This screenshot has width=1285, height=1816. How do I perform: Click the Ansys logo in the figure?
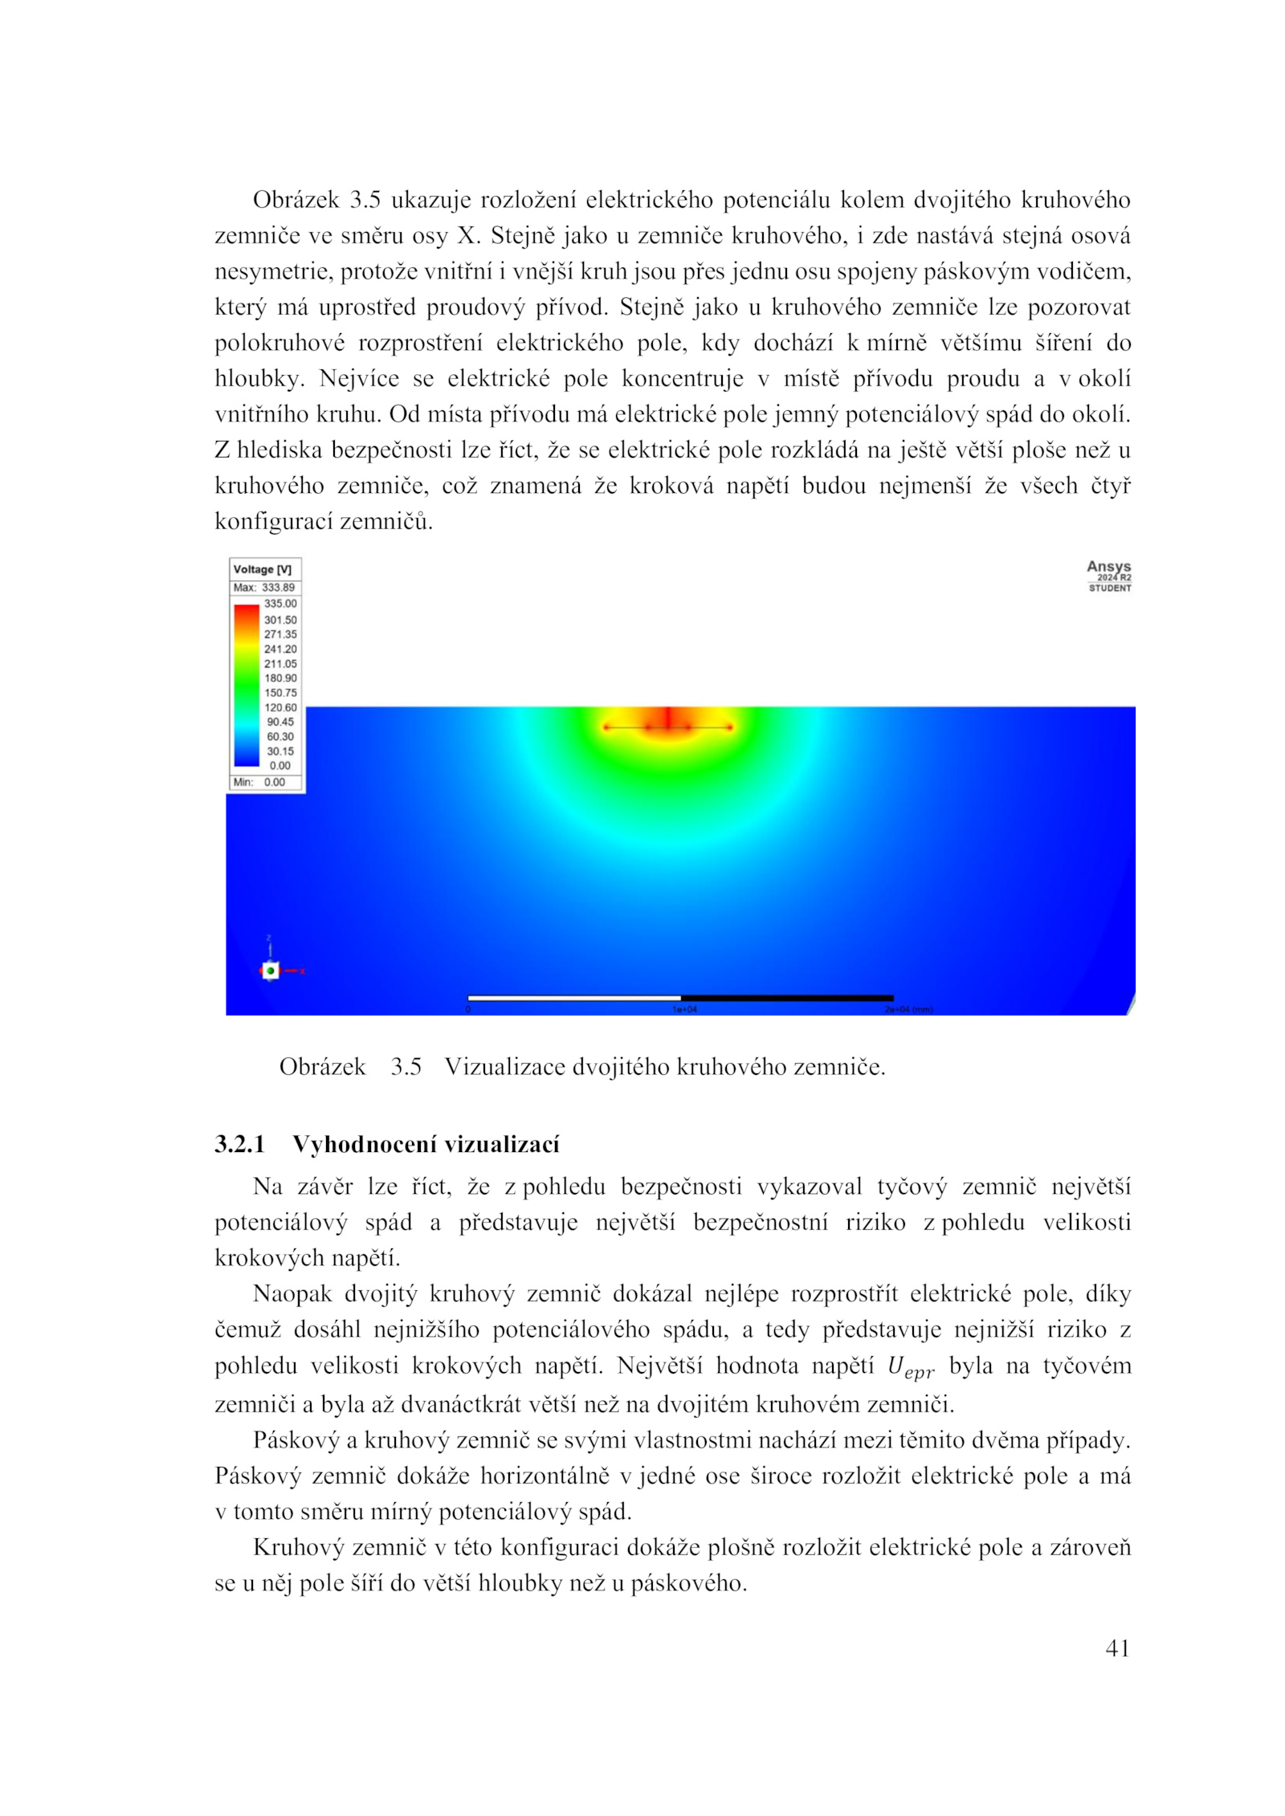click(x=1108, y=567)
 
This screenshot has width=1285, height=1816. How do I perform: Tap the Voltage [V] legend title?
click(x=262, y=569)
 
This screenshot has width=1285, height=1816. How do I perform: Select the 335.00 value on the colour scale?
click(x=280, y=604)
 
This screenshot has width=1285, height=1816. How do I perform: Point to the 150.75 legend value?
click(x=280, y=693)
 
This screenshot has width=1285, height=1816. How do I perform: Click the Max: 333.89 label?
click(x=263, y=588)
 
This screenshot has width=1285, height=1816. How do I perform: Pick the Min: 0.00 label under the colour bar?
click(x=259, y=782)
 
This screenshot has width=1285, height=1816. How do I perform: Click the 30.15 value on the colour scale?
click(x=280, y=751)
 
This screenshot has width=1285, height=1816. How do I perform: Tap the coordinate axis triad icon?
click(x=271, y=971)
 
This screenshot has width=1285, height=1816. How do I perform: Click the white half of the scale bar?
click(x=573, y=998)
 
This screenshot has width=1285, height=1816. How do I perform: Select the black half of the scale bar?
click(x=787, y=998)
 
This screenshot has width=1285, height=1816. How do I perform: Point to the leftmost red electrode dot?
click(x=606, y=727)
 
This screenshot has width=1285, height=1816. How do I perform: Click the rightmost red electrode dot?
click(x=730, y=727)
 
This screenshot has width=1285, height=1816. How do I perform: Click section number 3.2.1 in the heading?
click(x=239, y=1144)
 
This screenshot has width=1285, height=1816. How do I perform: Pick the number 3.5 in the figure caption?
click(x=406, y=1067)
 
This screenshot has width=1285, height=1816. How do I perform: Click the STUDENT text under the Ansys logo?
click(x=1110, y=588)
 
